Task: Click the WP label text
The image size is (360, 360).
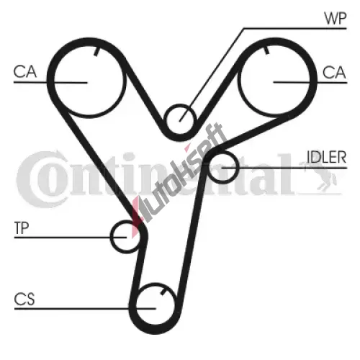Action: coord(335,18)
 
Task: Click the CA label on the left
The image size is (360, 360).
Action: coord(25,71)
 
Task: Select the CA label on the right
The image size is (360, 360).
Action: coord(334,72)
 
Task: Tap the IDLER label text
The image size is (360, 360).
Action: coord(327,157)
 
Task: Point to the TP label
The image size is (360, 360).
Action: coord(22,228)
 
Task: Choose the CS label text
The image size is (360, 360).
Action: coord(24,299)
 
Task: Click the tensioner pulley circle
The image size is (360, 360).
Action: coord(111,237)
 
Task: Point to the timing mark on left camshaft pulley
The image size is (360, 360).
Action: coord(96,51)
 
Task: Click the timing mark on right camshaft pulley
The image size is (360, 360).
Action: coord(266,50)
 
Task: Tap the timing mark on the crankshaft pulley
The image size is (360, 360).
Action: coord(163,292)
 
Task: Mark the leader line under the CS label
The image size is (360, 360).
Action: coord(85,308)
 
